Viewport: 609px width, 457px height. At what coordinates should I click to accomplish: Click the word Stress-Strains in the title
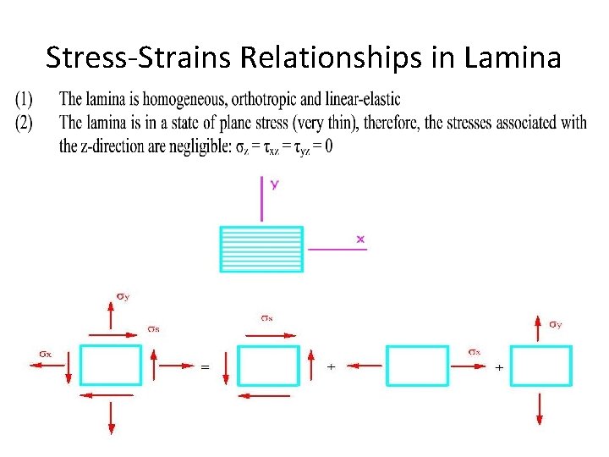[140, 58]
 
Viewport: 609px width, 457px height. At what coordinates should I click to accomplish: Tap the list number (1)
[24, 101]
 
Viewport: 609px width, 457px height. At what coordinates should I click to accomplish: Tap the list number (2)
[24, 123]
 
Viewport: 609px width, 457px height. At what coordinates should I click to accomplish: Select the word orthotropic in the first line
[280, 101]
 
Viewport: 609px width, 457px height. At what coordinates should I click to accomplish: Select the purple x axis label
[360, 240]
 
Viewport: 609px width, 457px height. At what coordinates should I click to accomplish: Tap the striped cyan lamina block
[261, 249]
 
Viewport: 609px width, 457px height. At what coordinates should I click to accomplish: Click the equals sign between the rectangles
[204, 368]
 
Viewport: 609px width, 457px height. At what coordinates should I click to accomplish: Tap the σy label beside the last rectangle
[555, 324]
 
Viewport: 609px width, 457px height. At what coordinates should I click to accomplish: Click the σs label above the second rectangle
[266, 318]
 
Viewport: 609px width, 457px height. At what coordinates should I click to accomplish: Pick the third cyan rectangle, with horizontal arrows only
[417, 366]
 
